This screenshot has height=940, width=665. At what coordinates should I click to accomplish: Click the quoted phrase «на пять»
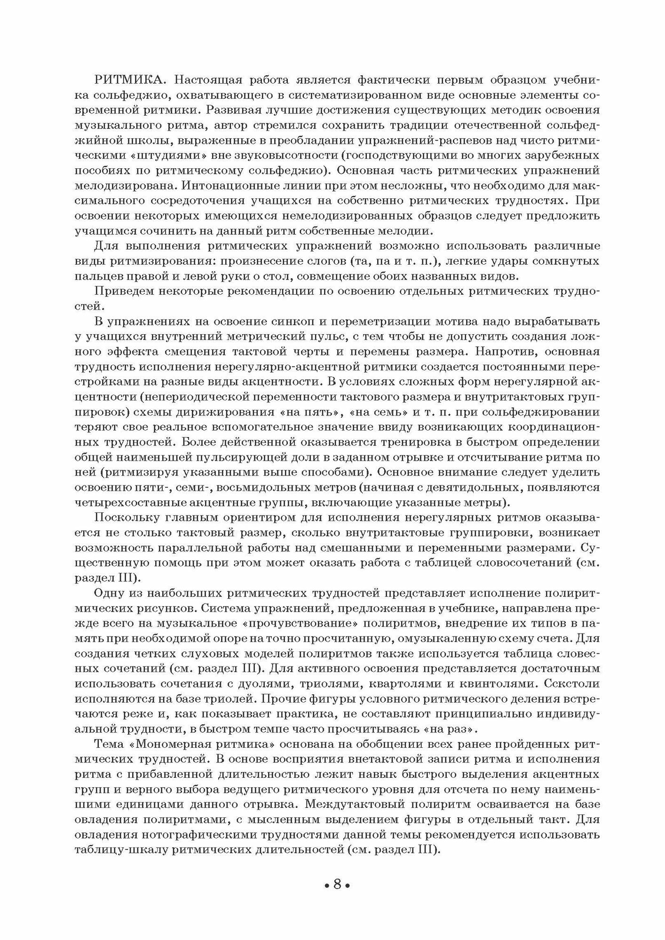click(x=344, y=413)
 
